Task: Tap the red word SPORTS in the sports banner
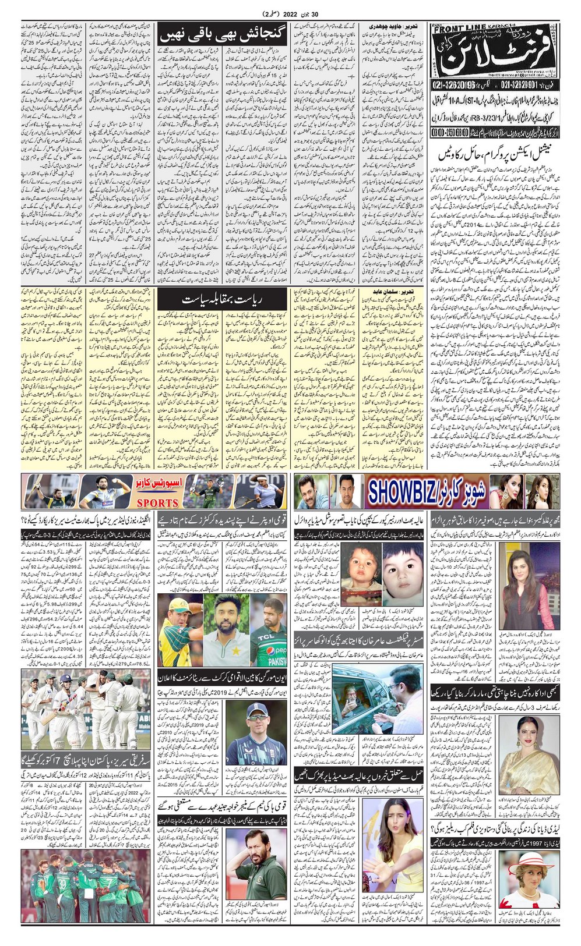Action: pos(153,502)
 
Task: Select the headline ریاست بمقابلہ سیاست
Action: pos(223,299)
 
